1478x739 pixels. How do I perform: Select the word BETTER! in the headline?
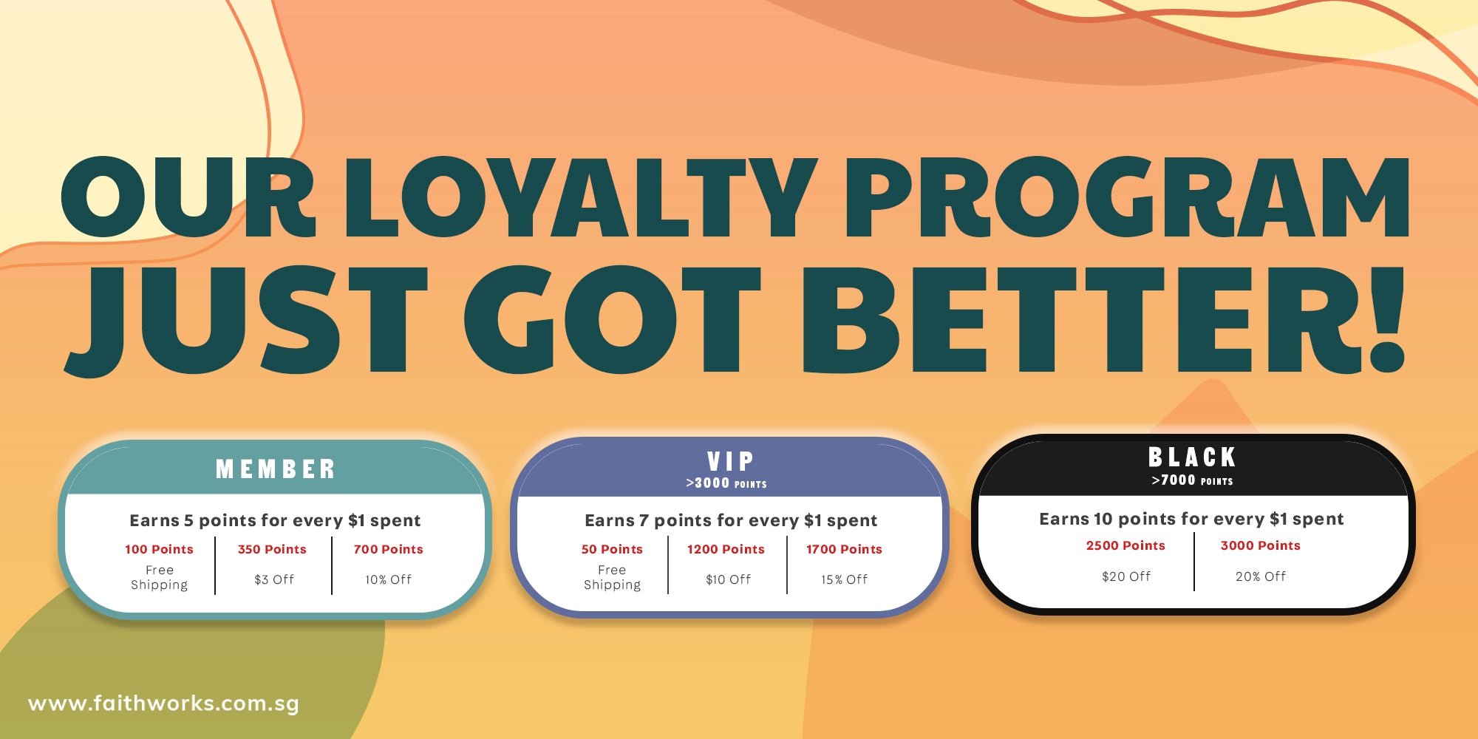(x=1104, y=319)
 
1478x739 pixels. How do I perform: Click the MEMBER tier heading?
(x=276, y=469)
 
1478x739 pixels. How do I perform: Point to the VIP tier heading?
(x=730, y=461)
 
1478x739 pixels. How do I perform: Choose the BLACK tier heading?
(x=1192, y=457)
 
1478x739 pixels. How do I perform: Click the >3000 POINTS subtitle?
(x=726, y=483)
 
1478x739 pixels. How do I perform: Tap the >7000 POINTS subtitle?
(x=1192, y=480)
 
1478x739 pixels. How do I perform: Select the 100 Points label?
(x=159, y=549)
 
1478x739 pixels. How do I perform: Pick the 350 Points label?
(x=272, y=549)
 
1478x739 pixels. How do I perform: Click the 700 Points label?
(x=388, y=549)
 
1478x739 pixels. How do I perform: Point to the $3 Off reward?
(x=274, y=579)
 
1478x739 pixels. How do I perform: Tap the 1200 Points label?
(x=726, y=549)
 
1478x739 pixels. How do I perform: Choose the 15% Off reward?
(x=845, y=579)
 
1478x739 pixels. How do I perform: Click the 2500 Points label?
(x=1125, y=545)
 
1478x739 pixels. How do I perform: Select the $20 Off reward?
(x=1126, y=576)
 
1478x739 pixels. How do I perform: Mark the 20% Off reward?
(x=1261, y=576)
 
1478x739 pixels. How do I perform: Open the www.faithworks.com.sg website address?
(x=164, y=704)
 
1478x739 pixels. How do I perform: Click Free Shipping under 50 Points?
(x=612, y=577)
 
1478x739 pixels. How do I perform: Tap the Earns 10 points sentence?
(x=1191, y=519)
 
